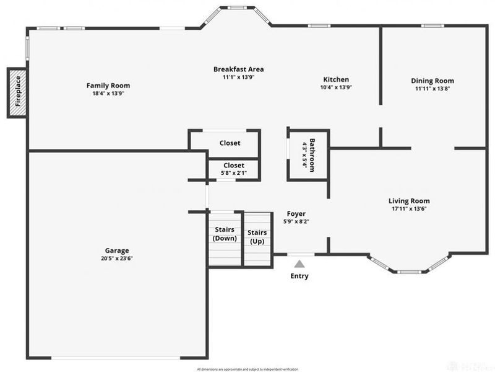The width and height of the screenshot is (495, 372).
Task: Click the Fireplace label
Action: pyautogui.click(x=19, y=92)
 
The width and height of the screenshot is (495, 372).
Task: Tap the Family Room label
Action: pyautogui.click(x=108, y=86)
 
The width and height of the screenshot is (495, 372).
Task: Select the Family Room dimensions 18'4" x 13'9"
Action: pyautogui.click(x=108, y=94)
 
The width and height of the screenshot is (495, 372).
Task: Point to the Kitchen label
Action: pyautogui.click(x=336, y=79)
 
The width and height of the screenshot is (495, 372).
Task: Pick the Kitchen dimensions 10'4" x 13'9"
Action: pyautogui.click(x=336, y=87)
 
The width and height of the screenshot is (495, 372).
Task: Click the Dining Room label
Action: pyautogui.click(x=433, y=81)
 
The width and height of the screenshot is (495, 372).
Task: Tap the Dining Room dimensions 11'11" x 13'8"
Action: pyautogui.click(x=433, y=89)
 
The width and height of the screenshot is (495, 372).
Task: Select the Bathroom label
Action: pyautogui.click(x=312, y=154)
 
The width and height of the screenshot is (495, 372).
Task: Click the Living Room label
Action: pyautogui.click(x=409, y=201)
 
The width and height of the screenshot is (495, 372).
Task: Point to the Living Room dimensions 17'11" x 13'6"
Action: pyautogui.click(x=409, y=209)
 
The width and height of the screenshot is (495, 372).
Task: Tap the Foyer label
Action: pyautogui.click(x=296, y=213)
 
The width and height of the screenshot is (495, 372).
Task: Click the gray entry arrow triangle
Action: pyautogui.click(x=299, y=263)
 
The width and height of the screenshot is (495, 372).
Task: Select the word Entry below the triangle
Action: pyautogui.click(x=299, y=276)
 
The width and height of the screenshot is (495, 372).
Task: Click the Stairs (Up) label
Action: pyautogui.click(x=257, y=237)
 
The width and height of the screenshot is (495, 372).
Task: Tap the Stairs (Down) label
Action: pyautogui.click(x=225, y=234)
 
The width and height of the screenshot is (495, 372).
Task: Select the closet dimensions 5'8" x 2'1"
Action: pyautogui.click(x=233, y=174)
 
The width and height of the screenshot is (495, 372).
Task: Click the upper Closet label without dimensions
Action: pyautogui.click(x=230, y=143)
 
